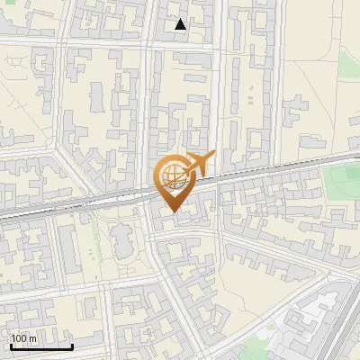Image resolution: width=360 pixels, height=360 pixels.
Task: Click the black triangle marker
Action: [181, 24]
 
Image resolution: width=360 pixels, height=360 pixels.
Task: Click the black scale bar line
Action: [41, 347]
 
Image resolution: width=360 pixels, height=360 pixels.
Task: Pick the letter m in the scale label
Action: [33, 339]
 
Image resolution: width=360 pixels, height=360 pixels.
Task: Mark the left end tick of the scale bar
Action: [11, 346]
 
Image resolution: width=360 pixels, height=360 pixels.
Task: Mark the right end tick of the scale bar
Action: [72, 346]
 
